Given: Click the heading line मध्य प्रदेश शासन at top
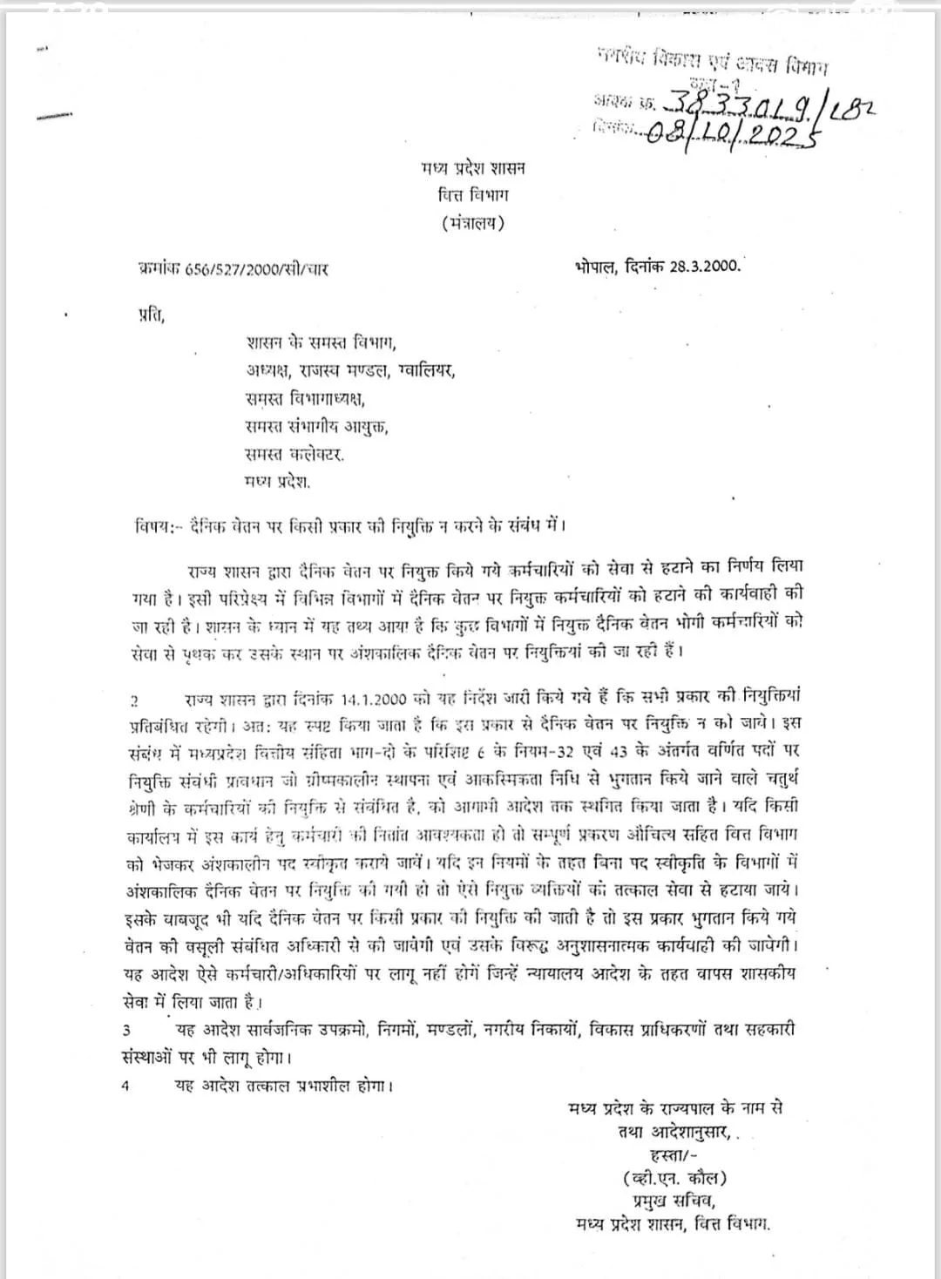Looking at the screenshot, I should [472, 168].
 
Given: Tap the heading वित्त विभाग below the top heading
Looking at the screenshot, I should [472, 195].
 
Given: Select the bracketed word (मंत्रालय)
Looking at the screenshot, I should [472, 223].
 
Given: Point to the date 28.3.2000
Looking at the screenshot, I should [705, 267].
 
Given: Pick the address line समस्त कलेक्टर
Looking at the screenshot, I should [294, 454].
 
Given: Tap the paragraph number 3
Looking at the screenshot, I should [127, 1031].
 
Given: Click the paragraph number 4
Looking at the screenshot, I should [126, 1086].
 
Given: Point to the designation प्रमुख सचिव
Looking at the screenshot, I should [674, 1201].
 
